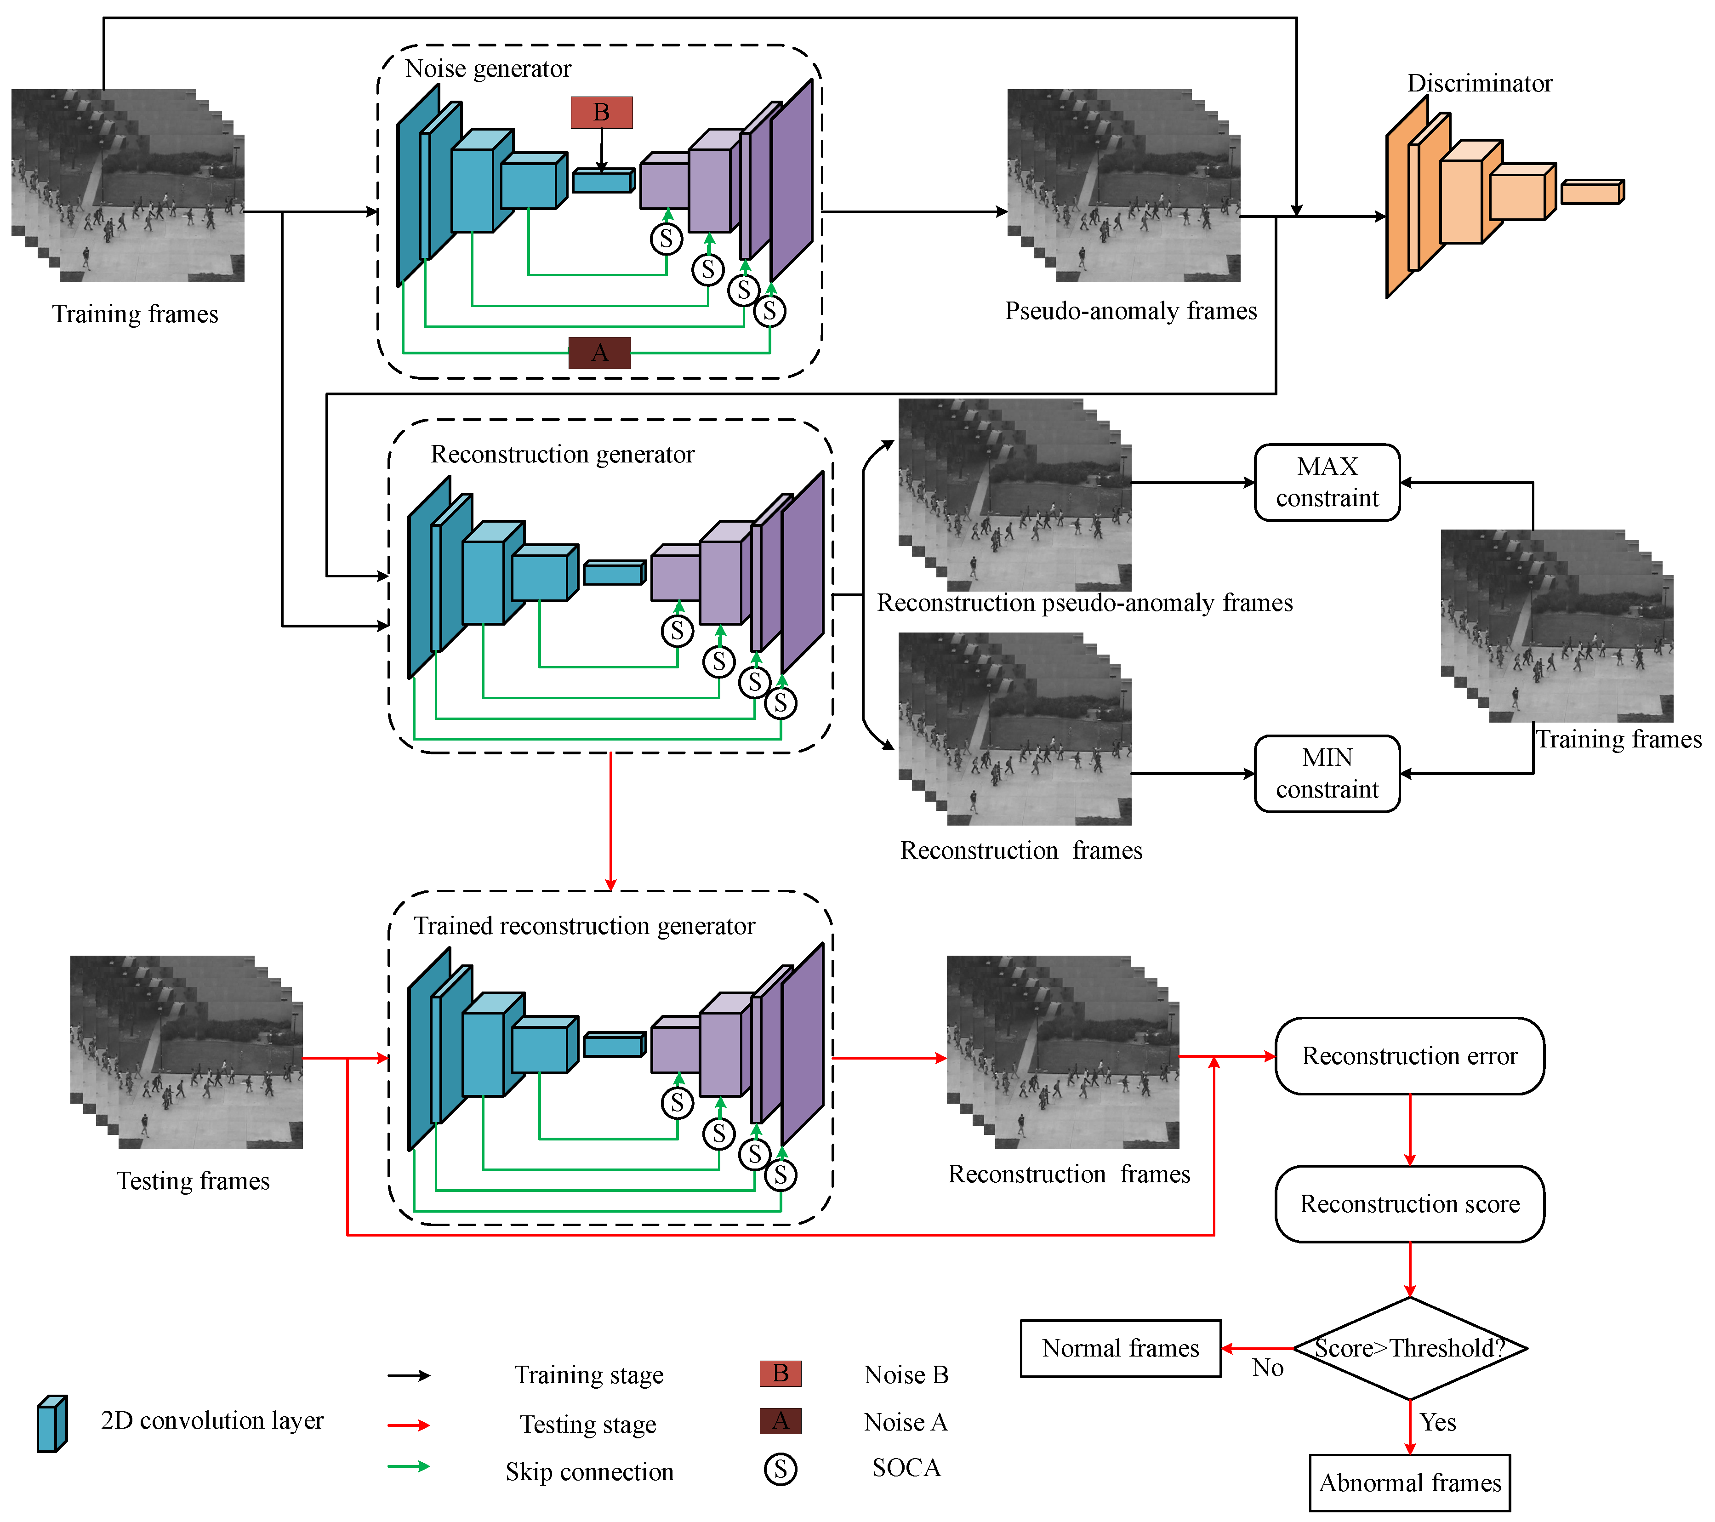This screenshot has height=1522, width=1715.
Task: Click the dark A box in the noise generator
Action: (599, 353)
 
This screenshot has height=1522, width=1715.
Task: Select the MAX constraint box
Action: (1327, 483)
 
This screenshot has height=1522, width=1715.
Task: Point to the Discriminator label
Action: (1479, 83)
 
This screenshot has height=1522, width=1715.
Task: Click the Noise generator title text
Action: (488, 69)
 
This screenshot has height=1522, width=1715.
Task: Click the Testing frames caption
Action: (193, 1180)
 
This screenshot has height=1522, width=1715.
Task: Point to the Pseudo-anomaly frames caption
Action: (1130, 311)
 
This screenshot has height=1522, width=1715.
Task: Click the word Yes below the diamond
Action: (1437, 1422)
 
